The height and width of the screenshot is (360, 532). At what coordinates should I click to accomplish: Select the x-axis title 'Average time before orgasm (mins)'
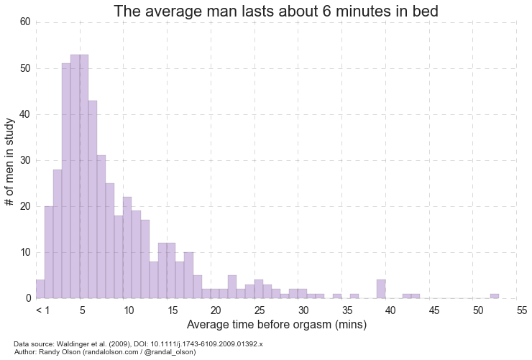pyautogui.click(x=277, y=325)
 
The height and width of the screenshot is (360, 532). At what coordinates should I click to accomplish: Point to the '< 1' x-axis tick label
pyautogui.click(x=42, y=310)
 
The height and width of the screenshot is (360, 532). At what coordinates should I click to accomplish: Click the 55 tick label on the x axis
pyautogui.click(x=522, y=310)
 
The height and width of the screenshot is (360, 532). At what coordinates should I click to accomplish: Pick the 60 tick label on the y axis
pyautogui.click(x=24, y=22)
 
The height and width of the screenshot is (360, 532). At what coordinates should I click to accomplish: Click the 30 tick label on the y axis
pyautogui.click(x=24, y=160)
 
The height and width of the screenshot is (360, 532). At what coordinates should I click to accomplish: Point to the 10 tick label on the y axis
pyautogui.click(x=24, y=252)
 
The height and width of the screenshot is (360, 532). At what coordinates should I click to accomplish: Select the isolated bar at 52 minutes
pyautogui.click(x=495, y=296)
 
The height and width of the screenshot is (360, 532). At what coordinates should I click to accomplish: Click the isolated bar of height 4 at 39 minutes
pyautogui.click(x=381, y=290)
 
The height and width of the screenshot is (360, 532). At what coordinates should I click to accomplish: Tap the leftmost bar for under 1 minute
pyautogui.click(x=40, y=290)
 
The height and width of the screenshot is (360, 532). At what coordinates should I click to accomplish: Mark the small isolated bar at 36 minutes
pyautogui.click(x=354, y=296)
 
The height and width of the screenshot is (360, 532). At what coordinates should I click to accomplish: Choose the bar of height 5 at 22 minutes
pyautogui.click(x=232, y=287)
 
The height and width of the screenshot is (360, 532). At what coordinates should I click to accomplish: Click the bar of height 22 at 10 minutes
pyautogui.click(x=127, y=248)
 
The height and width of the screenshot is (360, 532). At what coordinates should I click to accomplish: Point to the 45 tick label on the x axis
pyautogui.click(x=435, y=310)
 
